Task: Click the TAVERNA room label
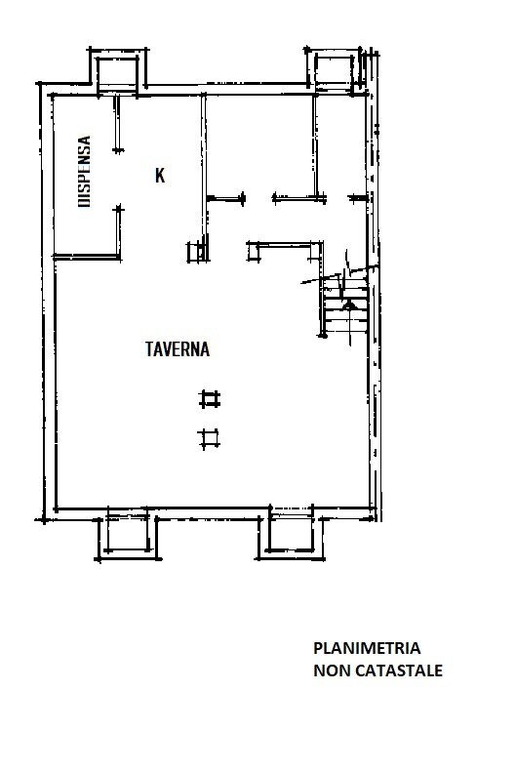click(178, 349)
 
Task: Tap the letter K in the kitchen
click(160, 176)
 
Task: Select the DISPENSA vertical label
click(85, 172)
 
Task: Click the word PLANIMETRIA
click(367, 648)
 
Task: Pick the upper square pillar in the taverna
click(210, 399)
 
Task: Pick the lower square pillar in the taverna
click(209, 438)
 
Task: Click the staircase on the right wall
click(345, 305)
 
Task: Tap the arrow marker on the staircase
click(350, 305)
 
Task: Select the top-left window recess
click(117, 72)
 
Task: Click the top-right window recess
click(335, 70)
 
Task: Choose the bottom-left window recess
click(128, 536)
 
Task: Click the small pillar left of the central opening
click(197, 252)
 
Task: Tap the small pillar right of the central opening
click(254, 252)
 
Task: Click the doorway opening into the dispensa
click(118, 180)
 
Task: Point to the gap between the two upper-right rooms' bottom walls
click(258, 198)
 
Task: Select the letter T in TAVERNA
click(150, 349)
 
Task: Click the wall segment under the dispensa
click(87, 256)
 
